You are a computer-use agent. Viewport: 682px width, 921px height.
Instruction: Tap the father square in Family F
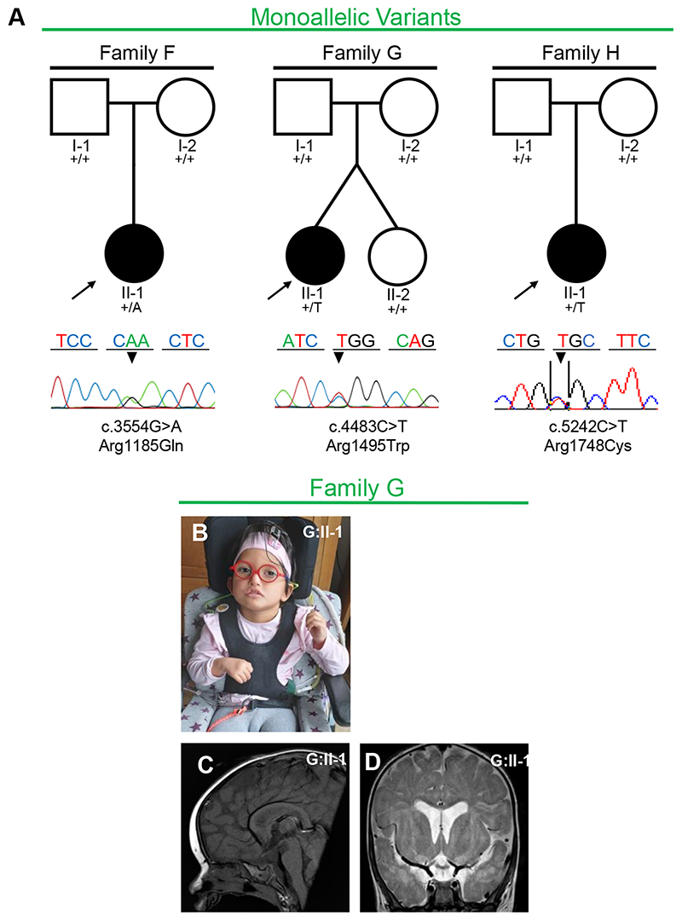(x=78, y=106)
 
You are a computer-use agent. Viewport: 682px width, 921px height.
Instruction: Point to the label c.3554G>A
(x=133, y=426)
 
